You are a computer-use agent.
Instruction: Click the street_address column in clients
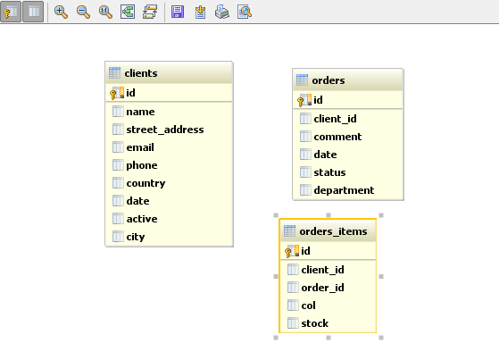165,130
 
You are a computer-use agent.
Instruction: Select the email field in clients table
140,147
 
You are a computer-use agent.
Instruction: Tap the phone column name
142,165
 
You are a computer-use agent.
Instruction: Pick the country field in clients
146,183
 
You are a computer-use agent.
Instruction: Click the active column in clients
142,219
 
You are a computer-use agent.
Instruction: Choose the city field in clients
136,237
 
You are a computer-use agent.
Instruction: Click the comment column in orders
337,137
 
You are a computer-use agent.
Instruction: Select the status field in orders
329,172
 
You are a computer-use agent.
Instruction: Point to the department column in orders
344,190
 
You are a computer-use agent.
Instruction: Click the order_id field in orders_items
322,288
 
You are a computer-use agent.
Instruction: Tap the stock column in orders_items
315,323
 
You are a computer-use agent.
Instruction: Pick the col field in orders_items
308,306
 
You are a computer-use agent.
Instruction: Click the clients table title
141,73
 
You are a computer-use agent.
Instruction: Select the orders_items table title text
333,231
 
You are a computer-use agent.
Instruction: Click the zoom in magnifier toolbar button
61,13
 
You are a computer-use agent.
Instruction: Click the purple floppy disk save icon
178,13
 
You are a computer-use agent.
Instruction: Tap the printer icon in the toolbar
221,13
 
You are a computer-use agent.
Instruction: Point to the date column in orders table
325,155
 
